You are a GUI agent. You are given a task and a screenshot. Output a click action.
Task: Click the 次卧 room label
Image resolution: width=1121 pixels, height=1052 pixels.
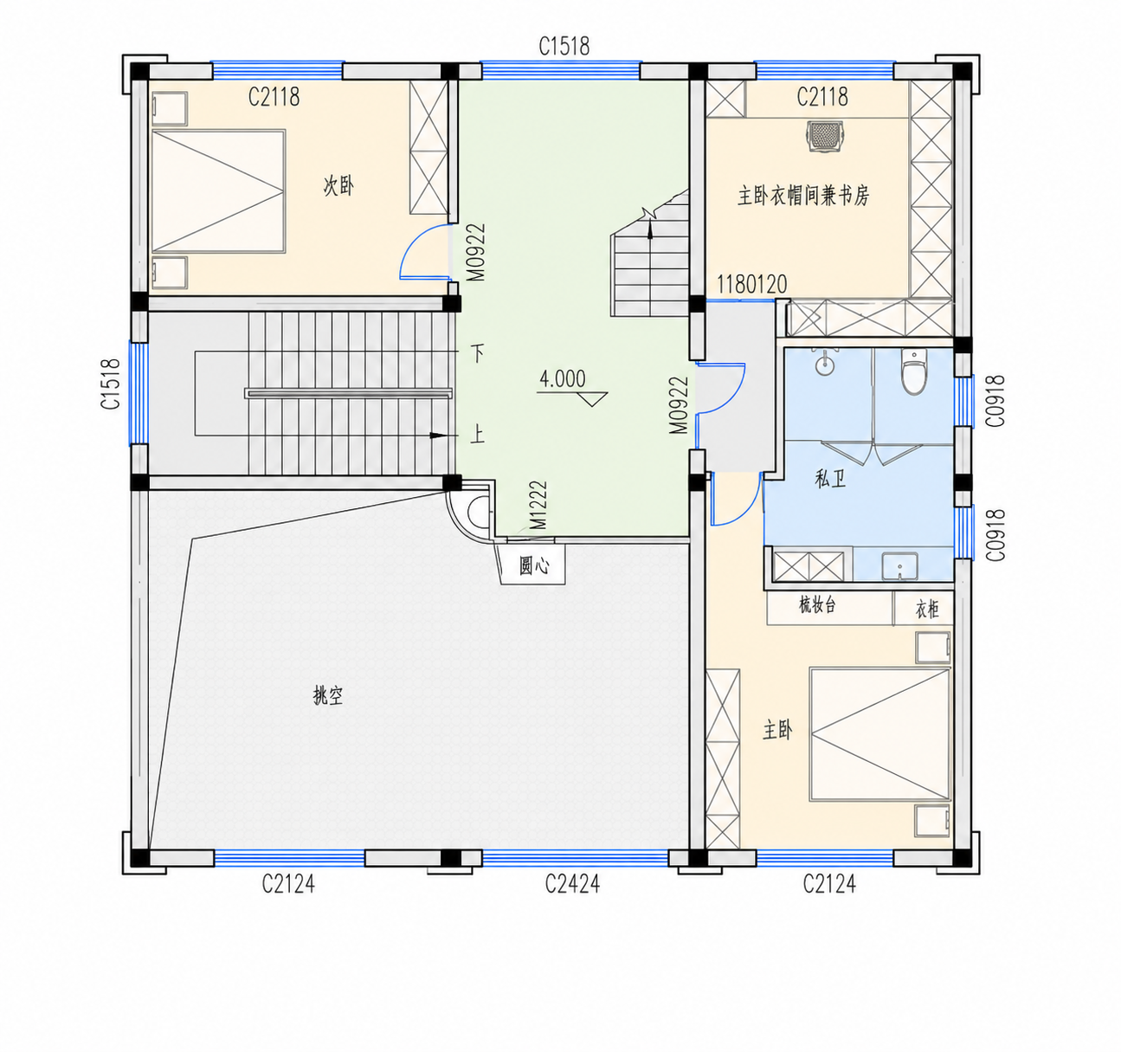338,185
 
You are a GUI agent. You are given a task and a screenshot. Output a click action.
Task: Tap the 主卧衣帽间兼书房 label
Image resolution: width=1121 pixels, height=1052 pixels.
803,197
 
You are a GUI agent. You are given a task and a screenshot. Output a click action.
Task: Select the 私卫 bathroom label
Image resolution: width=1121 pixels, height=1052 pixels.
830,480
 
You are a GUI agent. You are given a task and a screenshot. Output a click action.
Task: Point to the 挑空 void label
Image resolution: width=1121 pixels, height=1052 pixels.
328,695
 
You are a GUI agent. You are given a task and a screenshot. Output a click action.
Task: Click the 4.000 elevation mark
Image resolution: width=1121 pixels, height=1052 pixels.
562,378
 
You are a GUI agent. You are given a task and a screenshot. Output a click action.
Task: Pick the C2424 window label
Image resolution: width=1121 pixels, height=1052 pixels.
572,884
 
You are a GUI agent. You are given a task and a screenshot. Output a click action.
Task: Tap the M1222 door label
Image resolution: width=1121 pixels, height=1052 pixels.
539,505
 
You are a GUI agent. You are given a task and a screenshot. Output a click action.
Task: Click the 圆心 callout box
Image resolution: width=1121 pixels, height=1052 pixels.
534,565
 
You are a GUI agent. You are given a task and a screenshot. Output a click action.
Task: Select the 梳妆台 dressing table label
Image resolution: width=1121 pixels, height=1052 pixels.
817,605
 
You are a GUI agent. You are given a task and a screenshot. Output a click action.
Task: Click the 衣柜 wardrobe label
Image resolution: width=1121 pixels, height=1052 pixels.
927,610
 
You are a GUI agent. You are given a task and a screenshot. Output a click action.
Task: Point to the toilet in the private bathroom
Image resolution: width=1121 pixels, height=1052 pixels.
914,372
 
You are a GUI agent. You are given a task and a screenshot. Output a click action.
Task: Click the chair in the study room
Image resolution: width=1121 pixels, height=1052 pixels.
825,136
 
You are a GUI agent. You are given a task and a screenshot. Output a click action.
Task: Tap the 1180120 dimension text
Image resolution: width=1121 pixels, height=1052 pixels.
752,285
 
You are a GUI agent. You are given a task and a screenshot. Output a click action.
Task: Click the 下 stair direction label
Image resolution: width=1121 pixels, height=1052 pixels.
478,353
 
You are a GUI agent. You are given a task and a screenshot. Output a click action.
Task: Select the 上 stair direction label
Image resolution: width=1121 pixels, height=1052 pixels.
478,436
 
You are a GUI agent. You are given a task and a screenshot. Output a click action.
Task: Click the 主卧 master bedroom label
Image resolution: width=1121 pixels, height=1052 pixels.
777,730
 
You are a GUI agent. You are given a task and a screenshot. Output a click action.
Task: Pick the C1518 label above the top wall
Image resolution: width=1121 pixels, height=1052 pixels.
564,46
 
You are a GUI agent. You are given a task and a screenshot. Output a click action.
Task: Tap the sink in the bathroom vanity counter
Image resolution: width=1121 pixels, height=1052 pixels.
899,566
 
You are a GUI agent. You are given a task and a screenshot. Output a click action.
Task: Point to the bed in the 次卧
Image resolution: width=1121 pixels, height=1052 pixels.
218,191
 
